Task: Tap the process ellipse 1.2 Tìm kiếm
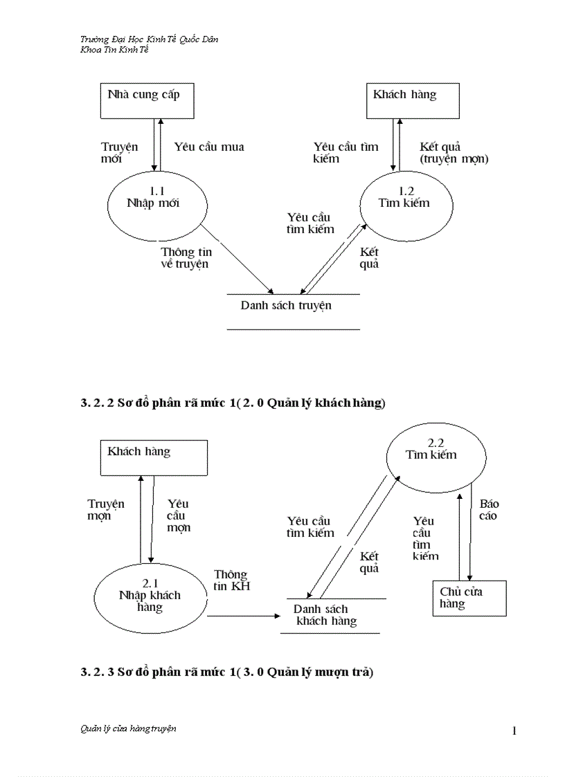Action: tap(406, 203)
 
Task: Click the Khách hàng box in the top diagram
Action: tap(412, 101)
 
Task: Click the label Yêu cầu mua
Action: tap(208, 147)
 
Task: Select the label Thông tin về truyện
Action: tap(185, 258)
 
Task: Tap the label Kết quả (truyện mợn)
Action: tap(454, 153)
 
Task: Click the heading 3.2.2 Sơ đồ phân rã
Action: tap(232, 403)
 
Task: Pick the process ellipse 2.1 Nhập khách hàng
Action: tap(150, 595)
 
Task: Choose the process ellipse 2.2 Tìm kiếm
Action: tap(432, 454)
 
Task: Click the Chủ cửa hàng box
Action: tap(469, 598)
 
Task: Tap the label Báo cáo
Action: tap(489, 510)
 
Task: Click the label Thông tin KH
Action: tap(231, 581)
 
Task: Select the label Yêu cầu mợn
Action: tap(179, 515)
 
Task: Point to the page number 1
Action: tap(514, 731)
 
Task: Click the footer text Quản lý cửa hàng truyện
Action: tap(128, 729)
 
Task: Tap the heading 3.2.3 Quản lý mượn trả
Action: tap(226, 672)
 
